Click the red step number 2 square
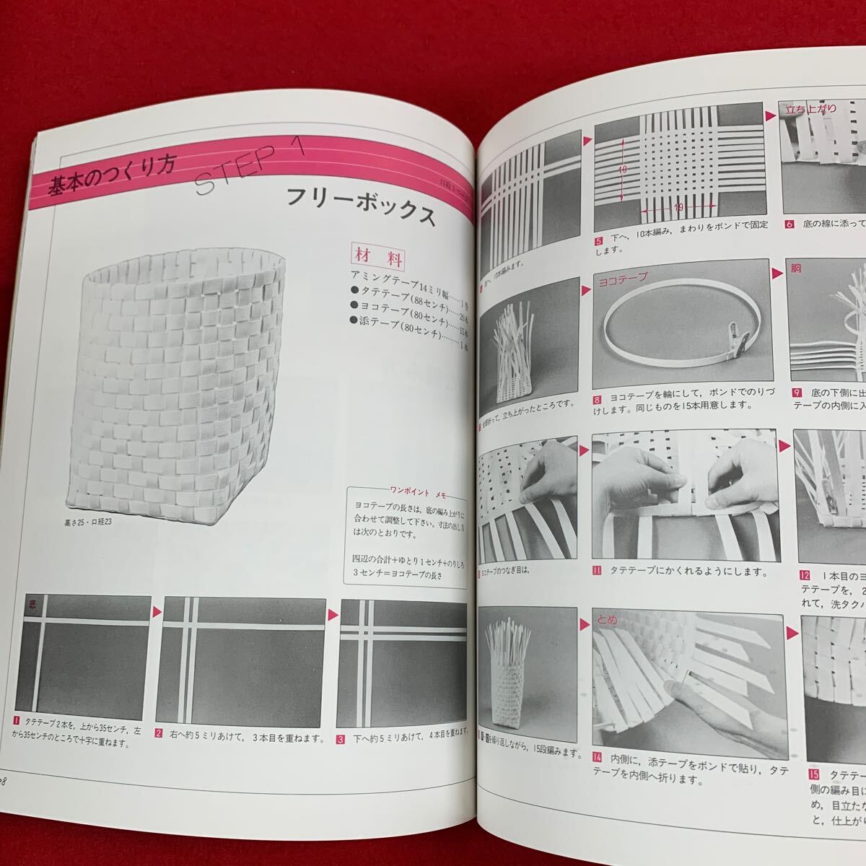click(159, 736)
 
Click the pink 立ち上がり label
click(811, 109)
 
